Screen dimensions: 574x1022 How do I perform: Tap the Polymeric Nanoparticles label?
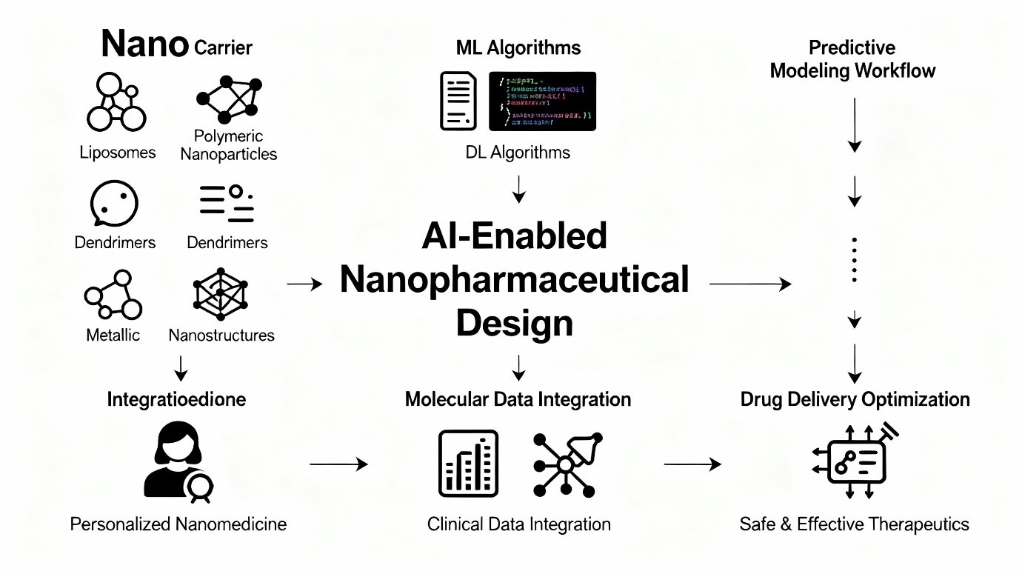(228, 145)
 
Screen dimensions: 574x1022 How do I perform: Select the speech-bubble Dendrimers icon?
(114, 202)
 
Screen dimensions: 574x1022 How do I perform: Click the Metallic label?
(113, 335)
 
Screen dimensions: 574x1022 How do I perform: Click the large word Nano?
(144, 44)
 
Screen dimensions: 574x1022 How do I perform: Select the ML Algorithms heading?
(518, 48)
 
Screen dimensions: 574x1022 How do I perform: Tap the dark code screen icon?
(542, 101)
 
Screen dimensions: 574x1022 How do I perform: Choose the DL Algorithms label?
(518, 153)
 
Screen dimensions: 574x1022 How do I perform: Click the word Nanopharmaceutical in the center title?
(514, 280)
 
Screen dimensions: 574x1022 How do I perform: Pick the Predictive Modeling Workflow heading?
(852, 59)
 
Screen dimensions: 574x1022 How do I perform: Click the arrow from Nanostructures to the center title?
(305, 283)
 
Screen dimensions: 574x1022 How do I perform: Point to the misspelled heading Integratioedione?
(176, 399)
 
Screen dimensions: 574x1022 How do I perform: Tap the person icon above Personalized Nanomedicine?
(178, 464)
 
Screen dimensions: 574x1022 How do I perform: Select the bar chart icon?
(468, 464)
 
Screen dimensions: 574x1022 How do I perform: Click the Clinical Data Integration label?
(518, 524)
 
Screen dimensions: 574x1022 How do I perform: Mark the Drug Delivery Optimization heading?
(855, 399)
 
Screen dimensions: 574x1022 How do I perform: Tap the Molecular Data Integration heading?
(518, 399)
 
